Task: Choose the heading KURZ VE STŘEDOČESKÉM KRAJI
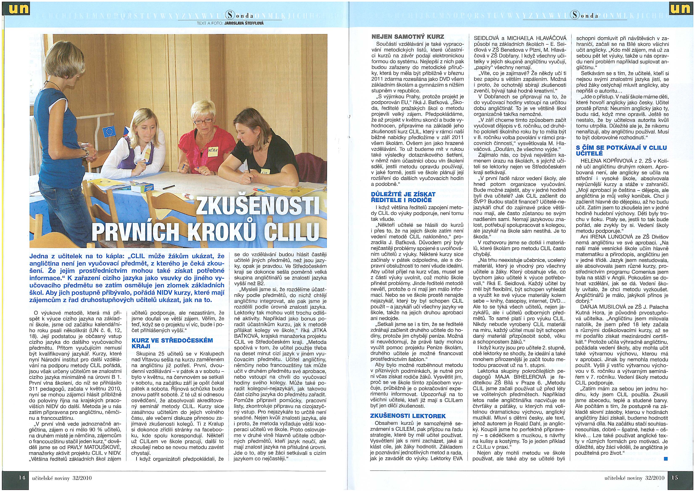pos(172,343)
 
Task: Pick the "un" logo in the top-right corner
pos(681,8)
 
